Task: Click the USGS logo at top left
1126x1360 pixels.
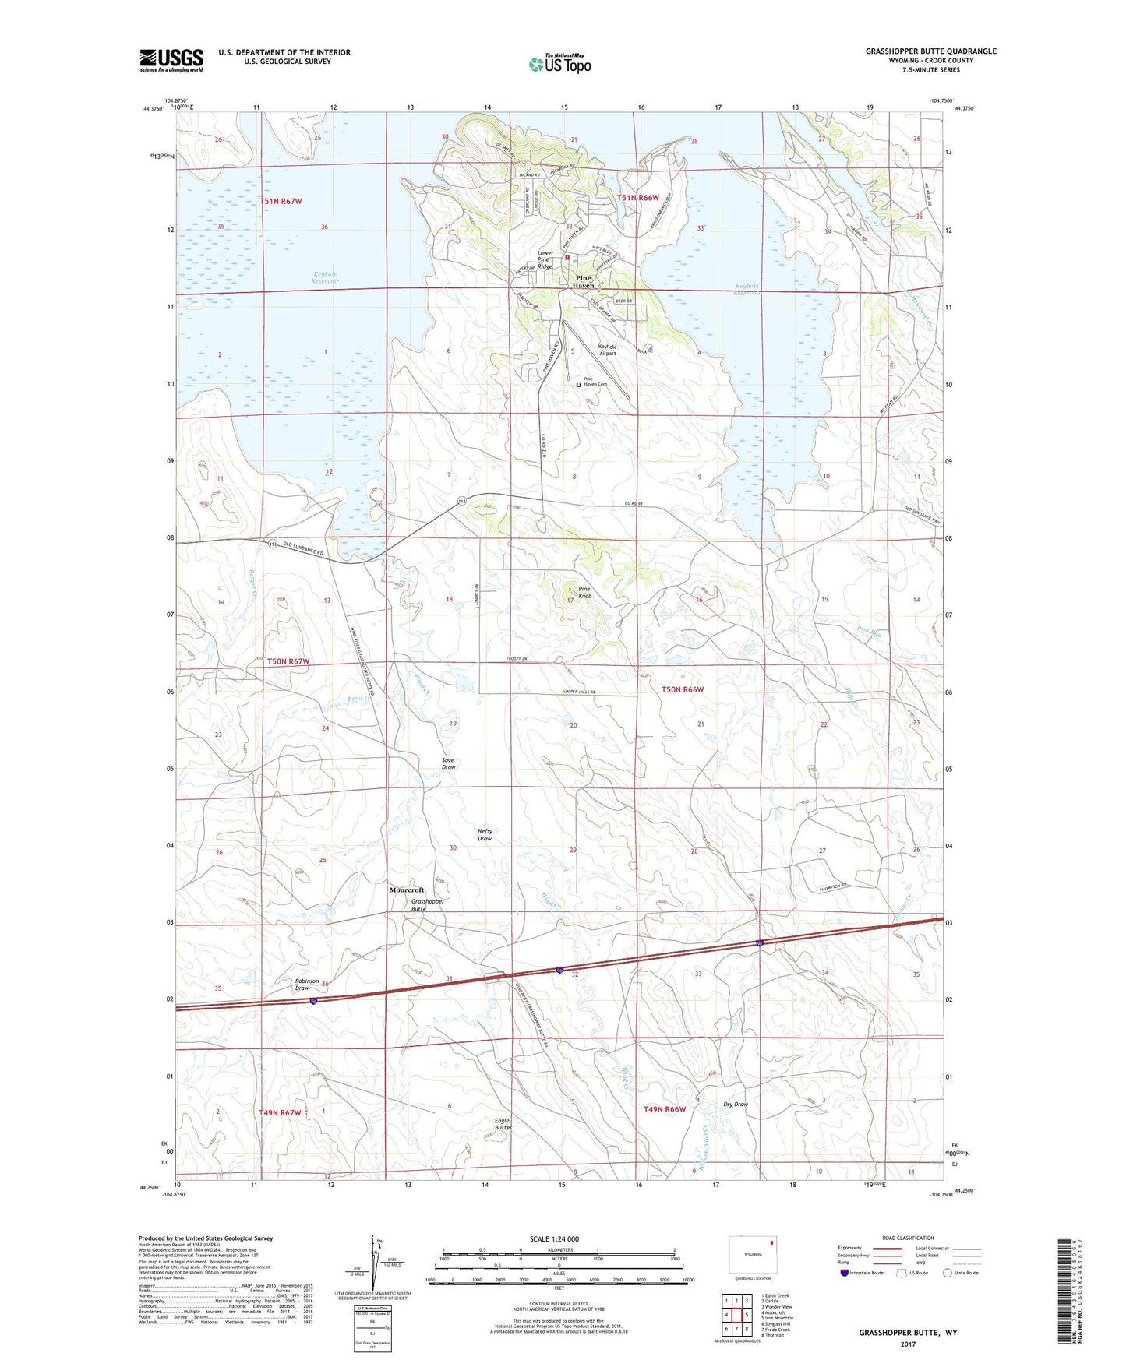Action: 171,60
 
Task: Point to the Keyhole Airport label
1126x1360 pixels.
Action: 607,350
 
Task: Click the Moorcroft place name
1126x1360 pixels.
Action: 407,890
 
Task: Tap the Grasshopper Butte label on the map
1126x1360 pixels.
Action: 427,905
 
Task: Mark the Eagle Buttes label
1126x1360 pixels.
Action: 503,1124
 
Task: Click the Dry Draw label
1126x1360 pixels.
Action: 735,1104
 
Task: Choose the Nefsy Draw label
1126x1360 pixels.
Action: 485,835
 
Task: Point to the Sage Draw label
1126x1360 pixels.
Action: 448,763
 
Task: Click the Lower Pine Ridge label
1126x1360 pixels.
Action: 545,260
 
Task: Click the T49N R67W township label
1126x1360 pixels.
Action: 280,1113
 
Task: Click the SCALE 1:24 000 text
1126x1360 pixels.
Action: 554,1238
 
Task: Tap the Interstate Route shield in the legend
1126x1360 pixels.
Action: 845,1273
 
